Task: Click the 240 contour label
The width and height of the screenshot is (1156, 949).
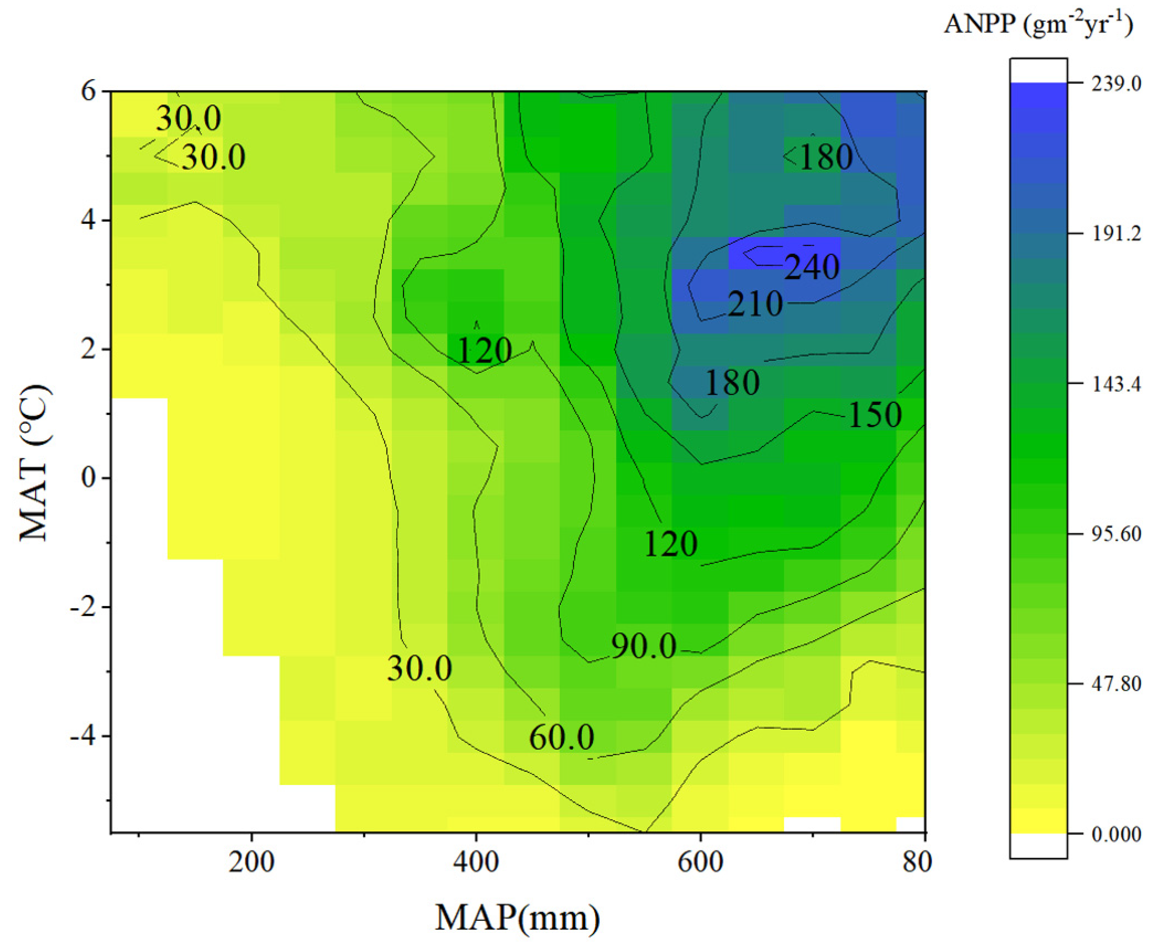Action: point(811,267)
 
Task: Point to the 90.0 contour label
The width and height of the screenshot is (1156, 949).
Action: point(644,646)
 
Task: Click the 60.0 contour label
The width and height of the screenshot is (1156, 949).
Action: point(561,737)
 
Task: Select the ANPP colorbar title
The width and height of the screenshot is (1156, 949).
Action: point(1038,24)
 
